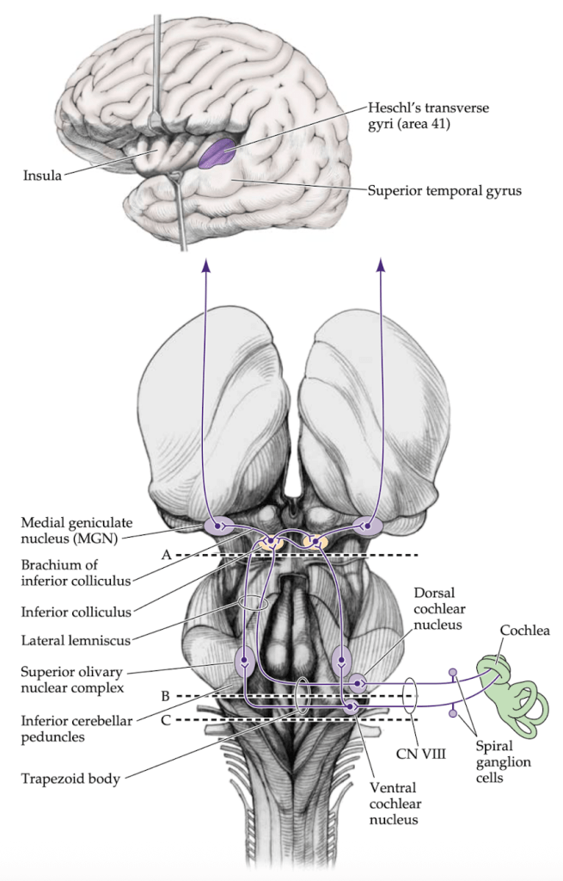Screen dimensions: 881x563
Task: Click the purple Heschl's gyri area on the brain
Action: (x=217, y=153)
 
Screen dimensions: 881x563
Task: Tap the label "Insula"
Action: (x=42, y=176)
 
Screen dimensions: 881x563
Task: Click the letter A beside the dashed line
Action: (x=166, y=555)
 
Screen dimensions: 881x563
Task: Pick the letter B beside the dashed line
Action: (x=166, y=695)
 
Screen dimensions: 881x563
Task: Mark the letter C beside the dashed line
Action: (x=166, y=719)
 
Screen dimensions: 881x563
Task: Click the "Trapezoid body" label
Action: (x=71, y=779)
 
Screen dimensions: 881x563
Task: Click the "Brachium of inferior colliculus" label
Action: (x=77, y=571)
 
